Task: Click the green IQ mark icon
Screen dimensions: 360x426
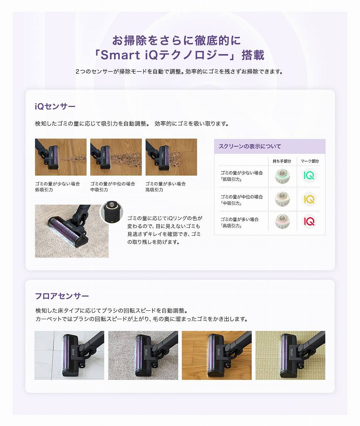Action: (309, 176)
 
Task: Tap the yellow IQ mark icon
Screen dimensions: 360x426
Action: (309, 199)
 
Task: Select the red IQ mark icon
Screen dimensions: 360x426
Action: (309, 222)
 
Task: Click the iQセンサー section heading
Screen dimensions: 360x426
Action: (55, 106)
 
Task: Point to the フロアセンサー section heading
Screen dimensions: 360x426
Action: (62, 296)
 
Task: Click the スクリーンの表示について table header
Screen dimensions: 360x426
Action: (250, 146)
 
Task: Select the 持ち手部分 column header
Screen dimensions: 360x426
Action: (282, 161)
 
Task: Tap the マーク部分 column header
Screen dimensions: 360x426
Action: (310, 161)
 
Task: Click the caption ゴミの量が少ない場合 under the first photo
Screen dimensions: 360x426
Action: (57, 183)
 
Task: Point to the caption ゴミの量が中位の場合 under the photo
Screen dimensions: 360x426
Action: (112, 183)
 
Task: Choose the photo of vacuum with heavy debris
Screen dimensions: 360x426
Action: (171, 157)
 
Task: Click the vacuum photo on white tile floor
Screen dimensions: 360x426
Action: (69, 355)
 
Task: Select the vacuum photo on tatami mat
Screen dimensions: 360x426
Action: (290, 355)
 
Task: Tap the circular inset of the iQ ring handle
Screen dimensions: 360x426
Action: (112, 212)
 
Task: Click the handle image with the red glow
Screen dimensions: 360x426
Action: (282, 222)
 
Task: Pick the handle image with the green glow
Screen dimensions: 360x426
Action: (282, 176)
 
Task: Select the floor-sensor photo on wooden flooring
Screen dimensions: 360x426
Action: (216, 355)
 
